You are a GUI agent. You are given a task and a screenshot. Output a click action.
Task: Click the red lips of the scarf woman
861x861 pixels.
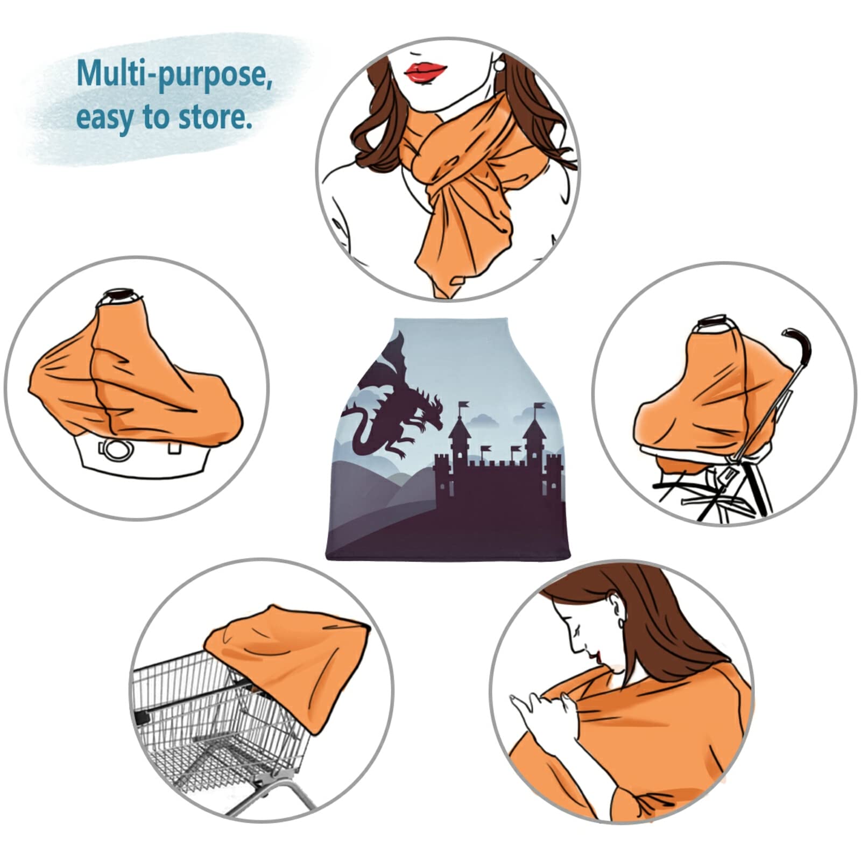click(425, 72)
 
